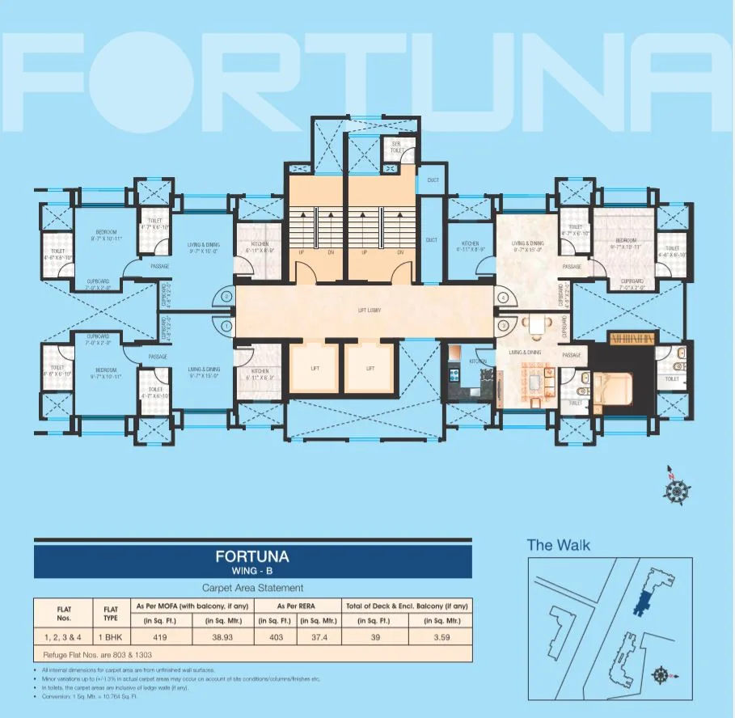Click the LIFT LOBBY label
369,310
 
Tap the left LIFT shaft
314,368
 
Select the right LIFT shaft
370,368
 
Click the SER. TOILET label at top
397,147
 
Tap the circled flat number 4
503,298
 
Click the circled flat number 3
503,325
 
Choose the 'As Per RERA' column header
292,605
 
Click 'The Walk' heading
558,544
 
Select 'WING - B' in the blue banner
252,572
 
